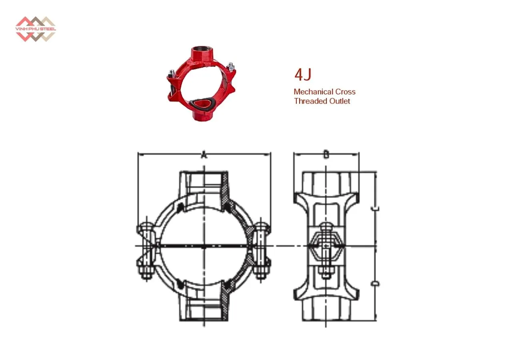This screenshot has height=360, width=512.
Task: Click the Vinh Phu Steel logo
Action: (x=36, y=29)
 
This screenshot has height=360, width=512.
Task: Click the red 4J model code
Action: (x=303, y=75)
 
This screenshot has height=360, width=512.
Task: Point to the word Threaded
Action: (x=309, y=101)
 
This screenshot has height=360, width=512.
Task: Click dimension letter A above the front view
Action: (x=204, y=155)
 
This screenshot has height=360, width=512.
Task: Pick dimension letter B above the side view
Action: (x=326, y=154)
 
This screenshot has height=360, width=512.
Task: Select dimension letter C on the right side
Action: (x=375, y=208)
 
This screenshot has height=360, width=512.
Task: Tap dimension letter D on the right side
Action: (x=375, y=284)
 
